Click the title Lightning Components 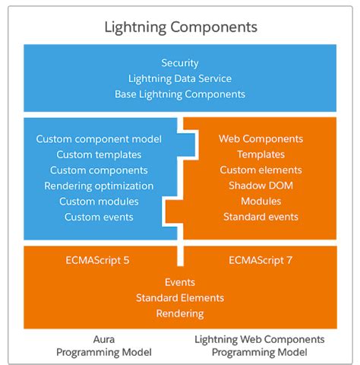pyautogui.click(x=181, y=27)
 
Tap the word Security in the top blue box pyautogui.click(x=180, y=63)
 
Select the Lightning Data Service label pyautogui.click(x=180, y=79)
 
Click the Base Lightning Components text pyautogui.click(x=180, y=94)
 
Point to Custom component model pyautogui.click(x=99, y=139)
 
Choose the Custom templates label pyautogui.click(x=99, y=154)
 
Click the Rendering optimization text pyautogui.click(x=99, y=186)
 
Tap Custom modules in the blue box pyautogui.click(x=99, y=202)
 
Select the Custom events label pyautogui.click(x=99, y=217)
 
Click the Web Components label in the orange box pyautogui.click(x=261, y=139)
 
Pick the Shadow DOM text pyautogui.click(x=261, y=186)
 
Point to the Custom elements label pyautogui.click(x=261, y=170)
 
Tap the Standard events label pyautogui.click(x=261, y=217)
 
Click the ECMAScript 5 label pyautogui.click(x=97, y=260)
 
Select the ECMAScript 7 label pyautogui.click(x=261, y=260)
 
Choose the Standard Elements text pyautogui.click(x=180, y=298)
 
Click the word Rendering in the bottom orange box pyautogui.click(x=180, y=314)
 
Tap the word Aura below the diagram pyautogui.click(x=104, y=339)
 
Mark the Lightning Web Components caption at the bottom pyautogui.click(x=260, y=340)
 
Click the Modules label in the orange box pyautogui.click(x=261, y=202)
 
